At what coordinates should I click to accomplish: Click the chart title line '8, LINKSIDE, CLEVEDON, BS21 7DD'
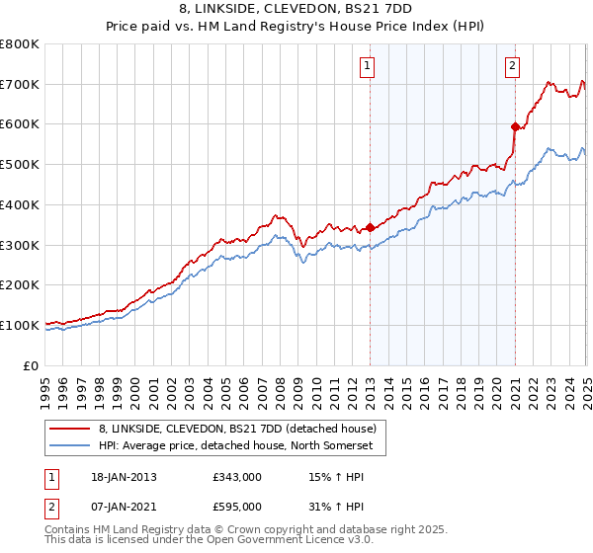296,10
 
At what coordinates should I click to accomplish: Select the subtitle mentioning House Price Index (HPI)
296,28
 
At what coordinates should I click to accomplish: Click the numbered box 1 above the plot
367,66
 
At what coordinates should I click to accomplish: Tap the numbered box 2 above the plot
513,66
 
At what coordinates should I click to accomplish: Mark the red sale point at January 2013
371,227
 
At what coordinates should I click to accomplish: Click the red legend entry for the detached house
237,429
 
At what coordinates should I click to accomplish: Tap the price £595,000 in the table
236,507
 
